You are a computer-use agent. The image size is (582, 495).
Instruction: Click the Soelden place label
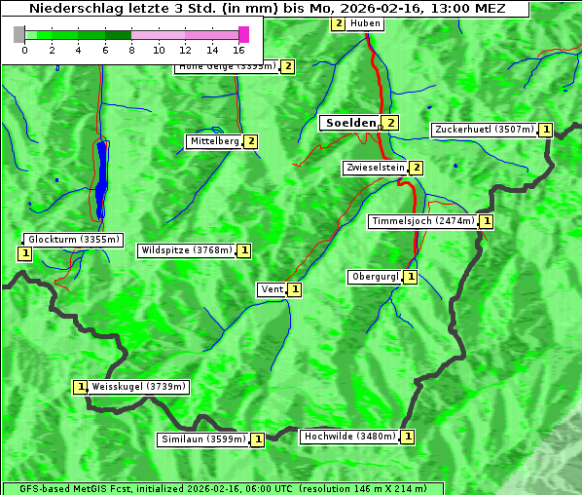349,123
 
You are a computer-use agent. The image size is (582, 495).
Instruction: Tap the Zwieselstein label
375,168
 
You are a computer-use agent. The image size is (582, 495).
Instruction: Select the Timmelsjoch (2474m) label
423,221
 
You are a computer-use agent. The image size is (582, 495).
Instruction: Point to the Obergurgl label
375,277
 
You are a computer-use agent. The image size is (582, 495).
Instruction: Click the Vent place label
271,289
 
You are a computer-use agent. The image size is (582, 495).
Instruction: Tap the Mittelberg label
214,141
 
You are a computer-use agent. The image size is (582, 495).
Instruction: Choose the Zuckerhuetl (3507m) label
485,130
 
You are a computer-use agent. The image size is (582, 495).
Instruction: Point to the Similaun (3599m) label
203,439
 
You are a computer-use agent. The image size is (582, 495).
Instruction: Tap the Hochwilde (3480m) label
348,437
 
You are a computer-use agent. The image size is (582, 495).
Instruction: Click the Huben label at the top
365,23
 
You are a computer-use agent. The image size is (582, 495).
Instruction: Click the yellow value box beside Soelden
390,123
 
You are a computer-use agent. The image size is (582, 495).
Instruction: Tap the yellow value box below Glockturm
25,253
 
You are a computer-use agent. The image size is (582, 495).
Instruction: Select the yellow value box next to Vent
294,289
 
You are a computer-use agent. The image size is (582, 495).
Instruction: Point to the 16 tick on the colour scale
239,50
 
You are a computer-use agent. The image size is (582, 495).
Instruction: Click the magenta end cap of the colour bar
243,35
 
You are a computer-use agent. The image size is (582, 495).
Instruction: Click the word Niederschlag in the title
73,9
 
